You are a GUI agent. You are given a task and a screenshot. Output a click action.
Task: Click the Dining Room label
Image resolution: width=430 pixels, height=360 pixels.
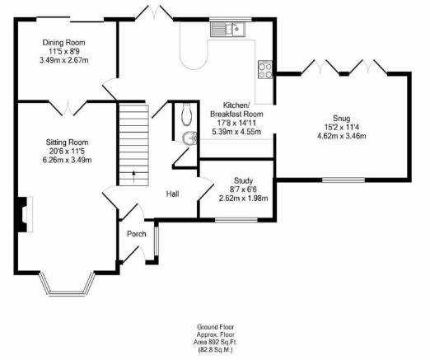(63, 43)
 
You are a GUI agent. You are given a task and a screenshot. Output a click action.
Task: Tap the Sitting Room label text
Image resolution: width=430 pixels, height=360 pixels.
(67, 143)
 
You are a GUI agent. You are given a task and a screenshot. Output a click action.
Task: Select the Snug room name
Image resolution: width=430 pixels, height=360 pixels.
(342, 119)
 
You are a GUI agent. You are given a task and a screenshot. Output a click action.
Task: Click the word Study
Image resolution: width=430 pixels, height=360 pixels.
(243, 180)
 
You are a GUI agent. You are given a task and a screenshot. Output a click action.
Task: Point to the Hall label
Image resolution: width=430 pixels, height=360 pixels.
(172, 194)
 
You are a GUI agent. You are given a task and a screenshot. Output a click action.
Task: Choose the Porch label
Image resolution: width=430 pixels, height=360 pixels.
(136, 234)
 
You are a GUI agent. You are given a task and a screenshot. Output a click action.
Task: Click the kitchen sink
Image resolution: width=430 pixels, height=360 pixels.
(227, 30)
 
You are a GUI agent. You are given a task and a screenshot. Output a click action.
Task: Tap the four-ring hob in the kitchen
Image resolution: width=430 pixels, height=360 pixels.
(265, 70)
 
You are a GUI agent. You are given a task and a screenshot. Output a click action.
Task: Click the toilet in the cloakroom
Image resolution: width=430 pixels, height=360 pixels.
(186, 115)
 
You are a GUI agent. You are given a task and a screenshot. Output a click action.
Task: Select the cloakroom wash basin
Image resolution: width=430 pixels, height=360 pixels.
(190, 138)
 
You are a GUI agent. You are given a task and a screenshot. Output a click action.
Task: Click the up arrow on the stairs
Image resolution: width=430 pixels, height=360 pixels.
(133, 176)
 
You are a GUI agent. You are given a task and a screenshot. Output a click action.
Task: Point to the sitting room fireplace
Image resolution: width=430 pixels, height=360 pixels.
(25, 214)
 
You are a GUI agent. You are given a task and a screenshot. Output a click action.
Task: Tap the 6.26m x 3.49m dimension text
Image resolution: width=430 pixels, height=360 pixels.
(67, 160)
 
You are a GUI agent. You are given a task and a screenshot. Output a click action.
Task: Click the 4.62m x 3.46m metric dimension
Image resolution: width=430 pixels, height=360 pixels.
(342, 136)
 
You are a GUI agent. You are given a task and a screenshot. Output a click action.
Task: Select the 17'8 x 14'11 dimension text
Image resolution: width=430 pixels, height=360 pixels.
(236, 123)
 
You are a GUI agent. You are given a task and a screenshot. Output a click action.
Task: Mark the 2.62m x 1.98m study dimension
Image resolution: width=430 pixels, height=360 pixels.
(243, 198)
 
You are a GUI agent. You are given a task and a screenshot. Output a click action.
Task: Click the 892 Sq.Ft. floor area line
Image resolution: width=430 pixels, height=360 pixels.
(216, 342)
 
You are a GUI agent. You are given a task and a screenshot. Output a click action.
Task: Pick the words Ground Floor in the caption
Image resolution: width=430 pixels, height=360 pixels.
(216, 327)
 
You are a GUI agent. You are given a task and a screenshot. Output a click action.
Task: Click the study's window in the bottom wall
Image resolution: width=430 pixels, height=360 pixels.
(236, 220)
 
